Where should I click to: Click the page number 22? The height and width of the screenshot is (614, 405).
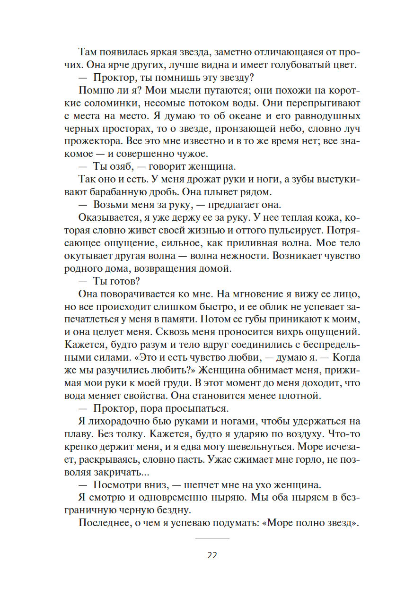tap(212, 555)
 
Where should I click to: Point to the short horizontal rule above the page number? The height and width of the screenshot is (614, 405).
tap(212, 538)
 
